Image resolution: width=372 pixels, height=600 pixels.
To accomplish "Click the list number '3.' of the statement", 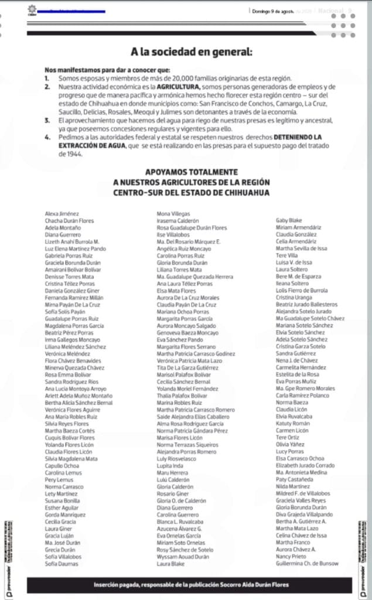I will click(47, 120).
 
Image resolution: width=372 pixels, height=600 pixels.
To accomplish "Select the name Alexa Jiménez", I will click(62, 214).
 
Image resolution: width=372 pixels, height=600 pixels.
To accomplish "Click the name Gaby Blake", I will click(288, 220).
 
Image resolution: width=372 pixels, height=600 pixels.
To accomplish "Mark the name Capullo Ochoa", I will click(63, 465).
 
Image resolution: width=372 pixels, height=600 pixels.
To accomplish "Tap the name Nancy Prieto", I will click(291, 556).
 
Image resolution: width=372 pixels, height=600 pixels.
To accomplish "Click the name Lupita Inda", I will click(169, 465).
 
